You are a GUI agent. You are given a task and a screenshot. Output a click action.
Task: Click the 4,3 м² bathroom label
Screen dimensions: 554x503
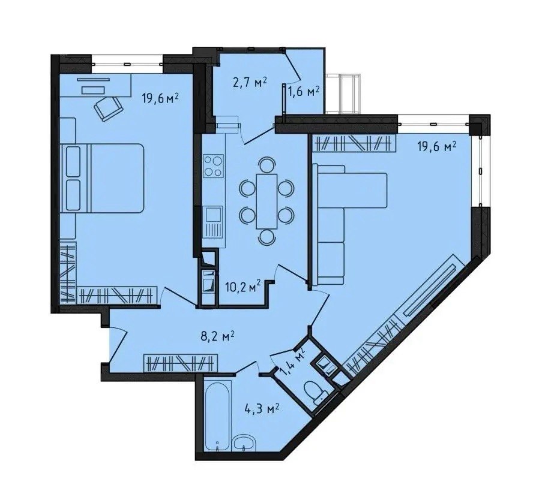(x=262, y=409)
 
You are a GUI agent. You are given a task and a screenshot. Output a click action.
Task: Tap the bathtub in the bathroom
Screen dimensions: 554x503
(x=218, y=413)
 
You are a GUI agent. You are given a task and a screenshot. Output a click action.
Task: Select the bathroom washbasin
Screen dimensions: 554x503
(x=244, y=442)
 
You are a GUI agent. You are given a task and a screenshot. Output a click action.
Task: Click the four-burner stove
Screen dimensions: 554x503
(x=214, y=166)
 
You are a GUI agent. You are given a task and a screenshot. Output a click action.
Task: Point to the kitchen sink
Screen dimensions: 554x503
(x=214, y=223)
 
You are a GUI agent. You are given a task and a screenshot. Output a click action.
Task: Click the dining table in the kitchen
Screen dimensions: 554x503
(x=266, y=201)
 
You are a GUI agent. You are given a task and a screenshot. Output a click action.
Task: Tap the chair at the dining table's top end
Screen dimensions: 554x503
(x=266, y=165)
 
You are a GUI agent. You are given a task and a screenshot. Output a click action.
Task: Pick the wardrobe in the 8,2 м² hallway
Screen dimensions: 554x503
(x=181, y=363)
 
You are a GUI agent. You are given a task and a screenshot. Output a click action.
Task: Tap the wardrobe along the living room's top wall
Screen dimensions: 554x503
(x=353, y=144)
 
